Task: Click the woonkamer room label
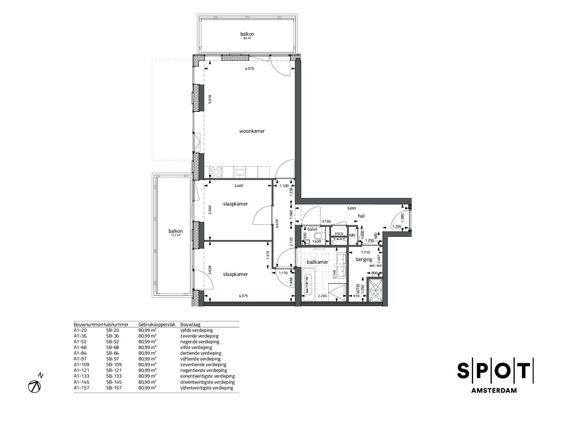(x=252, y=131)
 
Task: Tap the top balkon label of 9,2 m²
(x=247, y=34)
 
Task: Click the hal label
(x=361, y=215)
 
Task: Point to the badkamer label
(x=316, y=262)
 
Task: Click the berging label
(x=364, y=259)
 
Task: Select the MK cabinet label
(x=352, y=235)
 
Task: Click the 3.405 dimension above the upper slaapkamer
(x=239, y=186)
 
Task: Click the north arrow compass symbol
(x=35, y=386)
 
